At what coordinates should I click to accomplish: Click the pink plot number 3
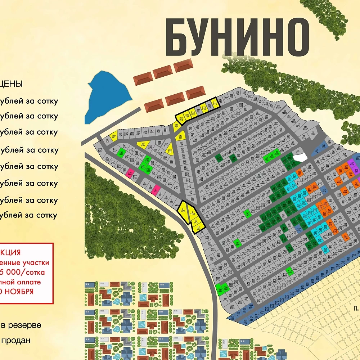pos(156,189)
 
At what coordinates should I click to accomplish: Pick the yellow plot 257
pos(143,145)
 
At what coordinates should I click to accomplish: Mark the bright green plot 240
pos(121,153)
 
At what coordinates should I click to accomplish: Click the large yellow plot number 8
pos(183,210)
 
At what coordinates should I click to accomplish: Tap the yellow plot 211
pos(215,104)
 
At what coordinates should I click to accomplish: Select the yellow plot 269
pos(113,136)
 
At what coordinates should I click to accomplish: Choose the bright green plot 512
pos(290,271)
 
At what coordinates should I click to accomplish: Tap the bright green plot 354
pos(238,243)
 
